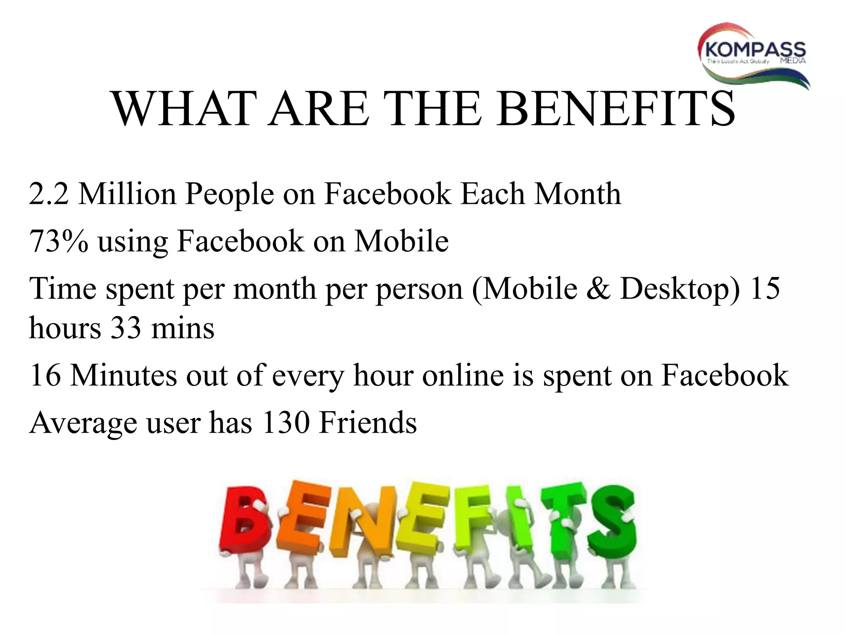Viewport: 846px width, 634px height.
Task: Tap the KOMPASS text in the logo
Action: [x=756, y=50]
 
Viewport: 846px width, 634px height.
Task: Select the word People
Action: [x=229, y=194]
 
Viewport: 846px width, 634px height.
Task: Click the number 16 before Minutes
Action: [x=45, y=375]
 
